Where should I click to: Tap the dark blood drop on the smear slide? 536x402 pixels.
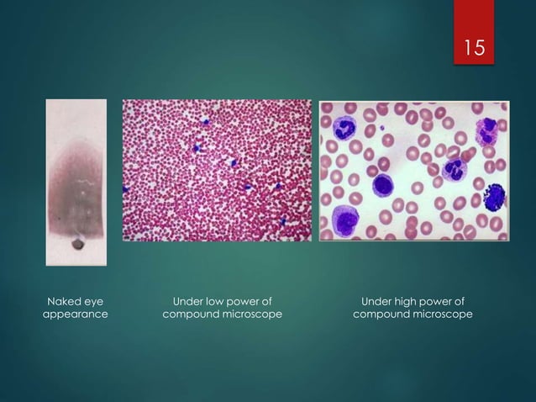coord(78,244)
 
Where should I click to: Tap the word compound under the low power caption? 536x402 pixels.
coord(193,315)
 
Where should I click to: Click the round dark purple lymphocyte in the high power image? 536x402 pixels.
coord(384,186)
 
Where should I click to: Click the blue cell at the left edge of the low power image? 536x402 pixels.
coord(126,188)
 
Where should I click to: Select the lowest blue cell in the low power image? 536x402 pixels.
coord(284,221)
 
